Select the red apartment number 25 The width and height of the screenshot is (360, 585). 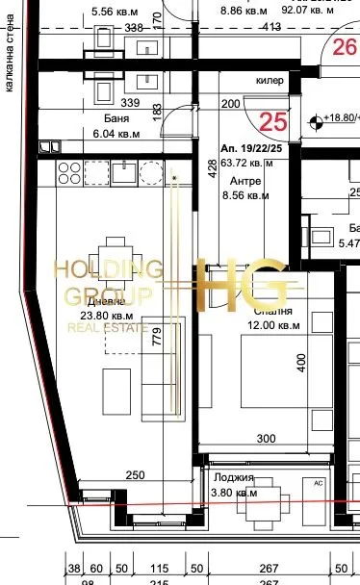(274, 121)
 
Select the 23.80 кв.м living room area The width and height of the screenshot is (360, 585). (107, 314)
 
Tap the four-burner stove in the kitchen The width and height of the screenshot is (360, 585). (69, 173)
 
